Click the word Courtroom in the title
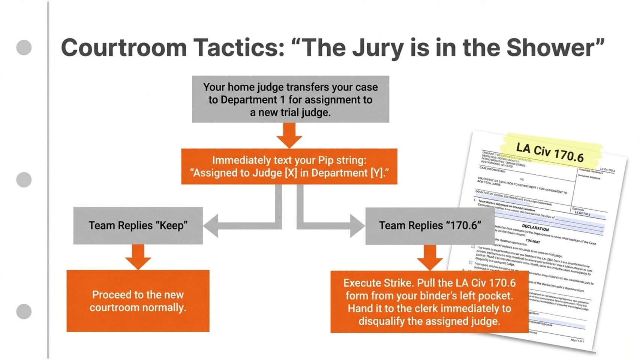(x=124, y=48)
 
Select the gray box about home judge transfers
(x=290, y=99)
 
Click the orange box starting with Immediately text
(x=289, y=166)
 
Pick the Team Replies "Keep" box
(x=138, y=225)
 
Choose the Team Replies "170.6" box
(x=430, y=225)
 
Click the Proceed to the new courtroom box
(x=138, y=301)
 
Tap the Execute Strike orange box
(x=429, y=301)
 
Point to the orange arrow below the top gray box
(x=289, y=135)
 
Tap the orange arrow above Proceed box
(x=138, y=257)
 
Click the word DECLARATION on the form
(x=535, y=228)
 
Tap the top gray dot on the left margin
(x=24, y=48)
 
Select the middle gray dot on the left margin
(x=24, y=180)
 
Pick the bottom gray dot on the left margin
(x=24, y=311)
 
